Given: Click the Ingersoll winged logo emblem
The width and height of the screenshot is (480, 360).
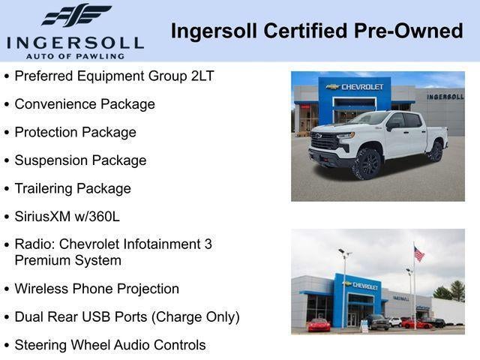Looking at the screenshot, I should click(76, 16).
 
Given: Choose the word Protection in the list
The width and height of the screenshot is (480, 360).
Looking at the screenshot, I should click(46, 133).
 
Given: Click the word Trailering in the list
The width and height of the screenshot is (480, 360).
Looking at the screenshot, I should click(46, 189).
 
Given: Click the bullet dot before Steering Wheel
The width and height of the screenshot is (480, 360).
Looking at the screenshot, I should click(7, 346).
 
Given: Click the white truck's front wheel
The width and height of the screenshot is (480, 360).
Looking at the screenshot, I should click(368, 163).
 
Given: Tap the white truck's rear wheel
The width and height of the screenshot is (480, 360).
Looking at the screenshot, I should click(436, 151).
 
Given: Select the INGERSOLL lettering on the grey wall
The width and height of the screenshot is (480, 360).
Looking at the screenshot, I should click(445, 97).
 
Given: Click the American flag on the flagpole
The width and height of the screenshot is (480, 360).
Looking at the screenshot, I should click(418, 254).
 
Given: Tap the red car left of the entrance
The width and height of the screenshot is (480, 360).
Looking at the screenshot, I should click(319, 325).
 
